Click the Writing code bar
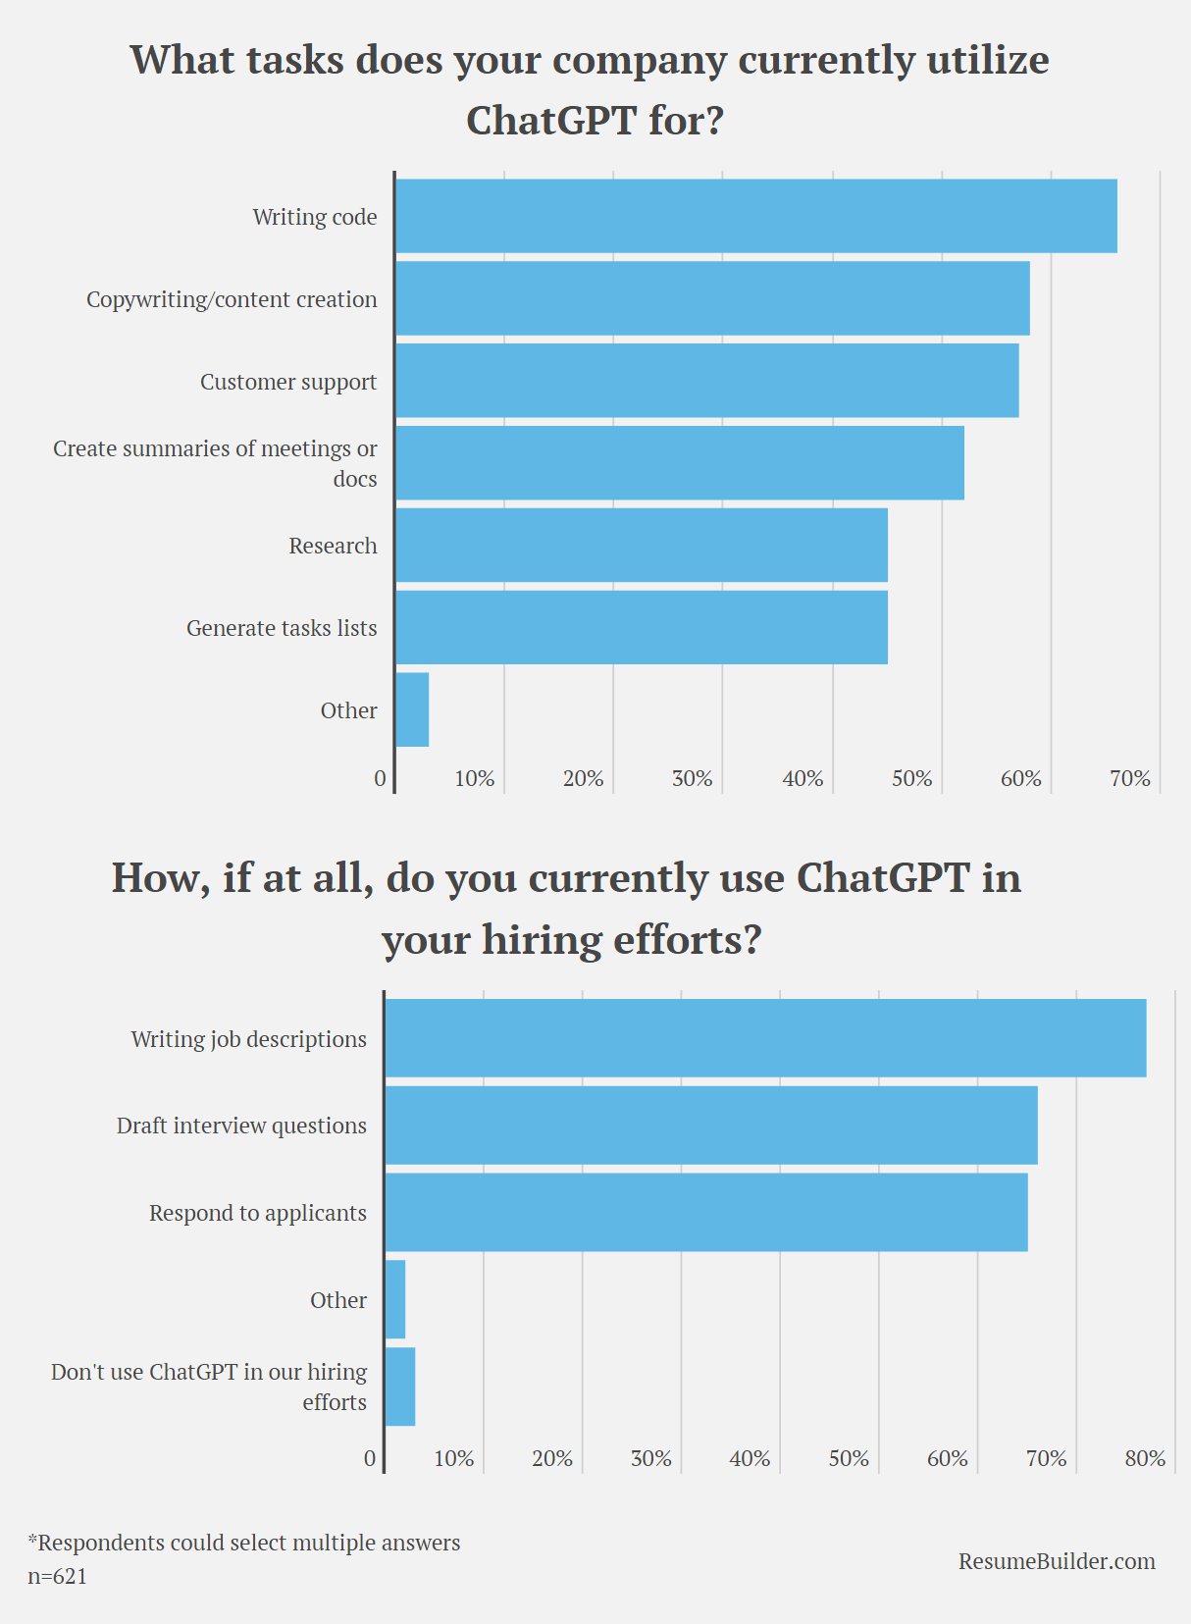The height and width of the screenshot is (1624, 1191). [x=755, y=216]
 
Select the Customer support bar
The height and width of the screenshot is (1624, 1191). [x=706, y=381]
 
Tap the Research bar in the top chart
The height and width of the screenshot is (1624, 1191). [x=642, y=546]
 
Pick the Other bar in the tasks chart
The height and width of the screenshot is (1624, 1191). [x=412, y=709]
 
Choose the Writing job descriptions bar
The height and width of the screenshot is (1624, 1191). [x=765, y=1038]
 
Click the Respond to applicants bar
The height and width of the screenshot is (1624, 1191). [x=706, y=1212]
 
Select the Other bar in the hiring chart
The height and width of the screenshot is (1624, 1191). [x=395, y=1299]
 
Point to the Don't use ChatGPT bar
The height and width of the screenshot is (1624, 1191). [x=400, y=1386]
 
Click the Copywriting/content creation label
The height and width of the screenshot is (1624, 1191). [x=232, y=299]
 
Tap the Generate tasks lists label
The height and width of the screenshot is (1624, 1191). [x=282, y=628]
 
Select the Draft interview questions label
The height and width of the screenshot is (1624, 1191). [x=241, y=1126]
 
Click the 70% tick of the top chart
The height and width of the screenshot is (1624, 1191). [x=1129, y=779]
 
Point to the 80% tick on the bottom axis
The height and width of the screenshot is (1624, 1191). [x=1145, y=1459]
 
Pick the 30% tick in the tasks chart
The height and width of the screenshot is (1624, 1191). [x=692, y=779]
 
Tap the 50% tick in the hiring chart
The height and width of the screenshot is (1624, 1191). [x=849, y=1459]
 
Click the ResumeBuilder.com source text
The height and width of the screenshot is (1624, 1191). [x=1057, y=1561]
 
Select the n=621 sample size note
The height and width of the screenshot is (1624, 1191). [x=57, y=1577]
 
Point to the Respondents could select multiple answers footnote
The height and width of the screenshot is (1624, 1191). [x=244, y=1543]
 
